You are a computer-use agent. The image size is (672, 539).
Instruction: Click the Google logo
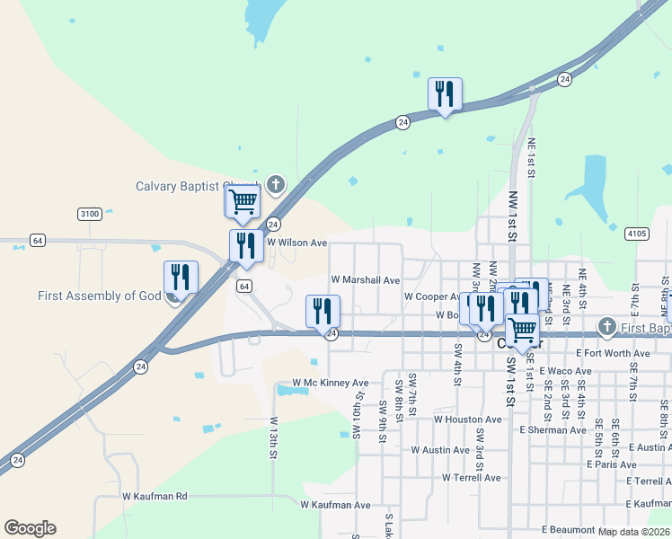pos(30,528)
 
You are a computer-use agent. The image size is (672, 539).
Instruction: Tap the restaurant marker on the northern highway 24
pos(445,94)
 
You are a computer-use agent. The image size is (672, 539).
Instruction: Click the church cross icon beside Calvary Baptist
pos(275,186)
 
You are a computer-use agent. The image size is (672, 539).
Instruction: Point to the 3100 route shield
pos(89,214)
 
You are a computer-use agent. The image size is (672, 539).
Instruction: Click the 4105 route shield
pos(637,234)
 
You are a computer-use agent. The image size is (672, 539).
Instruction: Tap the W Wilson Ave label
pos(296,243)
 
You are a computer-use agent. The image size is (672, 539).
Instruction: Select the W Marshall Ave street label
pos(365,280)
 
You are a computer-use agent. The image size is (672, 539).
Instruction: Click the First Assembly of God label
pos(99,296)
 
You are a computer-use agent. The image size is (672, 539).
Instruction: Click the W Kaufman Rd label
pos(155,496)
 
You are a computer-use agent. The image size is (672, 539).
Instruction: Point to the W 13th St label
pos(273,437)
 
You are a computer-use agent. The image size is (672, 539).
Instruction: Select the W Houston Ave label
pos(467,420)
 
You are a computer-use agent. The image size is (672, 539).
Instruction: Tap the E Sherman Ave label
pos(553,430)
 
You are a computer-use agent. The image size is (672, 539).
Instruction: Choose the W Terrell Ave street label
pos(471,478)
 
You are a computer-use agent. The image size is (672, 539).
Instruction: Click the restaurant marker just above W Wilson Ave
pos(245,247)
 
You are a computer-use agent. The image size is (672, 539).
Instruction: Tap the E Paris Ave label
pos(611,464)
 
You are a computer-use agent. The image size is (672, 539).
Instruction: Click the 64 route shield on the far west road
pos(37,241)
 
